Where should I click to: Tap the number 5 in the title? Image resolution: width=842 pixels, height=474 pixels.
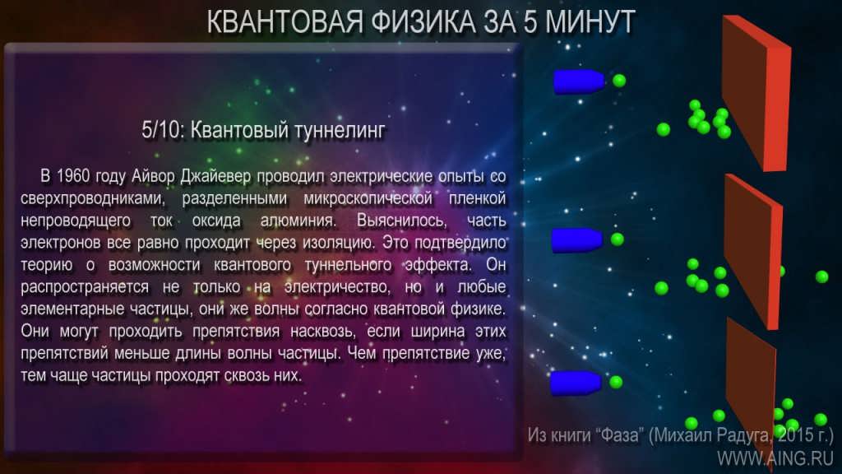click(530, 22)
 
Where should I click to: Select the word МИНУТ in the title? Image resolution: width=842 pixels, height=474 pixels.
click(590, 22)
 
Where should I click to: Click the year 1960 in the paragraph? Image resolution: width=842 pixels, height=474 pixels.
click(73, 176)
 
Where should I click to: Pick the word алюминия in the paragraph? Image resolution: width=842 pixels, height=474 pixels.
click(298, 221)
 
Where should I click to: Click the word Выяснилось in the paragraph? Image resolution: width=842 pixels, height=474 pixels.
click(401, 221)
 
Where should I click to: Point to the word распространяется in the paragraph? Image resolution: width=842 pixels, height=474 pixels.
click(85, 287)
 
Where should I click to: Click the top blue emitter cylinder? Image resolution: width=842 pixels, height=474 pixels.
click(579, 81)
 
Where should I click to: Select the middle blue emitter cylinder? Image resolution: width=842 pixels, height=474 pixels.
click(576, 239)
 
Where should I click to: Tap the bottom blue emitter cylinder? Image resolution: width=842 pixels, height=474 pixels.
click(576, 383)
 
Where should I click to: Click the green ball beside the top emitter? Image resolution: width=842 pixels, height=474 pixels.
click(619, 81)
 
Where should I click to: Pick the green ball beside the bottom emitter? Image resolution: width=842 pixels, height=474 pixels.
click(616, 382)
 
